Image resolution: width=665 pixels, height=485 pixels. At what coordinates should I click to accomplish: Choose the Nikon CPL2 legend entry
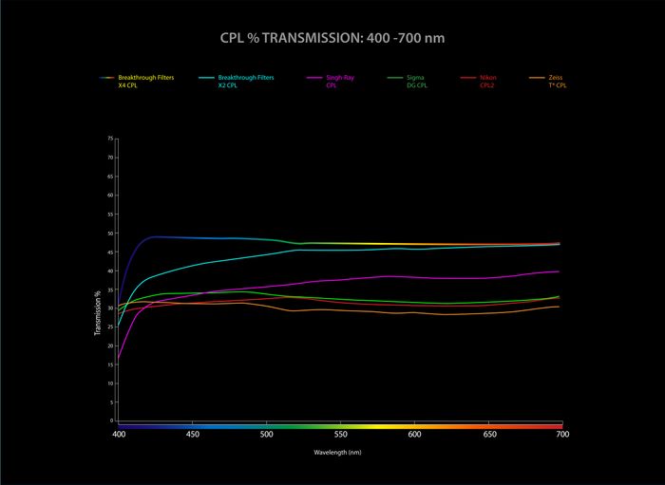pyautogui.click(x=487, y=81)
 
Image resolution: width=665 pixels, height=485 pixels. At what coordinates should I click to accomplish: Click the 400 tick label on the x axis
pyautogui.click(x=119, y=435)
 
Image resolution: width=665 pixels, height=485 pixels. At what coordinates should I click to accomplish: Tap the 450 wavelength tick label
pyautogui.click(x=193, y=435)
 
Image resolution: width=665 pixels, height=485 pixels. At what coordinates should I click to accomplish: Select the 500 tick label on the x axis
pyautogui.click(x=267, y=435)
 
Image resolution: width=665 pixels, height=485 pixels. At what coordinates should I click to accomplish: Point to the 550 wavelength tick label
pyautogui.click(x=341, y=435)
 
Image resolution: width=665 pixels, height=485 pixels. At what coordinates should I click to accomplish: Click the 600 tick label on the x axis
pyautogui.click(x=415, y=435)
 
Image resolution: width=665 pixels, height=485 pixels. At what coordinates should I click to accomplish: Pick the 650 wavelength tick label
pyautogui.click(x=489, y=435)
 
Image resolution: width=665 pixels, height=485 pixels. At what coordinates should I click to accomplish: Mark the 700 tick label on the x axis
pyautogui.click(x=562, y=435)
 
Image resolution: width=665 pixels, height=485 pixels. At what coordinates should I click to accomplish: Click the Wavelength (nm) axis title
pyautogui.click(x=338, y=453)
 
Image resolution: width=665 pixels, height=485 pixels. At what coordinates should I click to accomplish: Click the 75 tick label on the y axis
pyautogui.click(x=110, y=139)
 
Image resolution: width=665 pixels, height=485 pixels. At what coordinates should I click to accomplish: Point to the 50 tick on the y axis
pyautogui.click(x=110, y=233)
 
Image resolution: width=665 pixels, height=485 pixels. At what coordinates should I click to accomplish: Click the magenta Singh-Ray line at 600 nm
pyautogui.click(x=415, y=277)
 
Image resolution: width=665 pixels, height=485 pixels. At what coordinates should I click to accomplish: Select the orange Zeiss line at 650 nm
pyautogui.click(x=489, y=312)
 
